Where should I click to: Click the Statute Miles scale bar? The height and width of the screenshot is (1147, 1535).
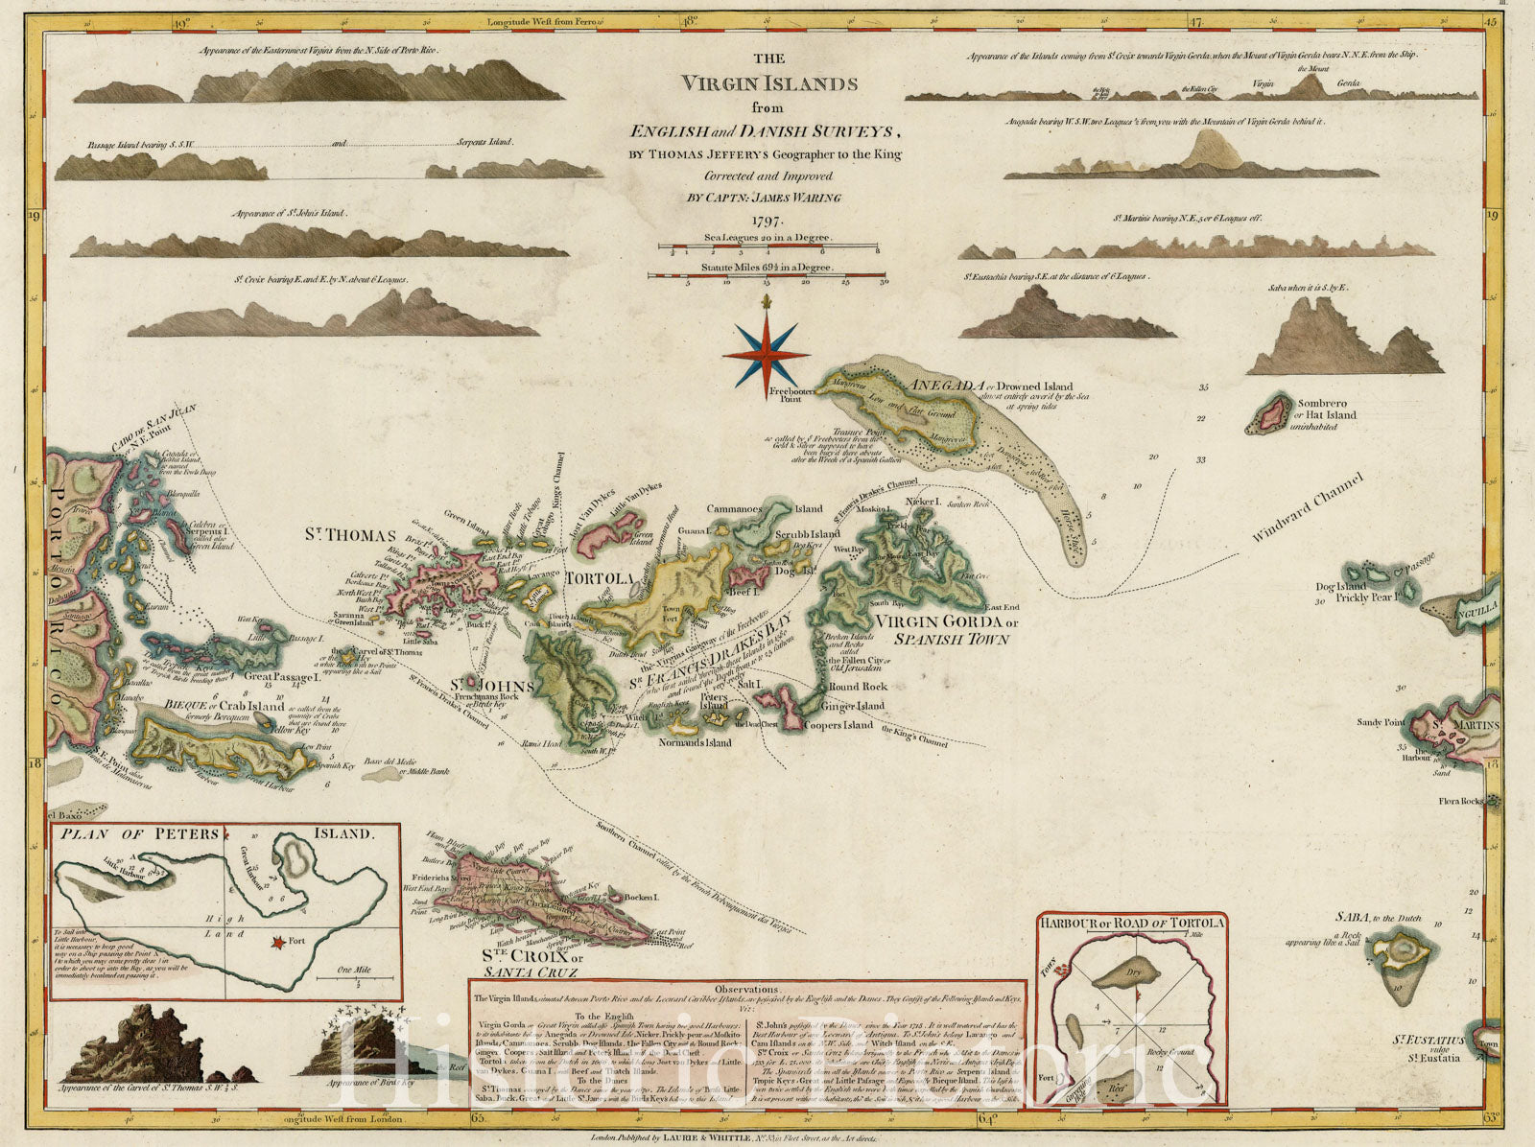(767, 276)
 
